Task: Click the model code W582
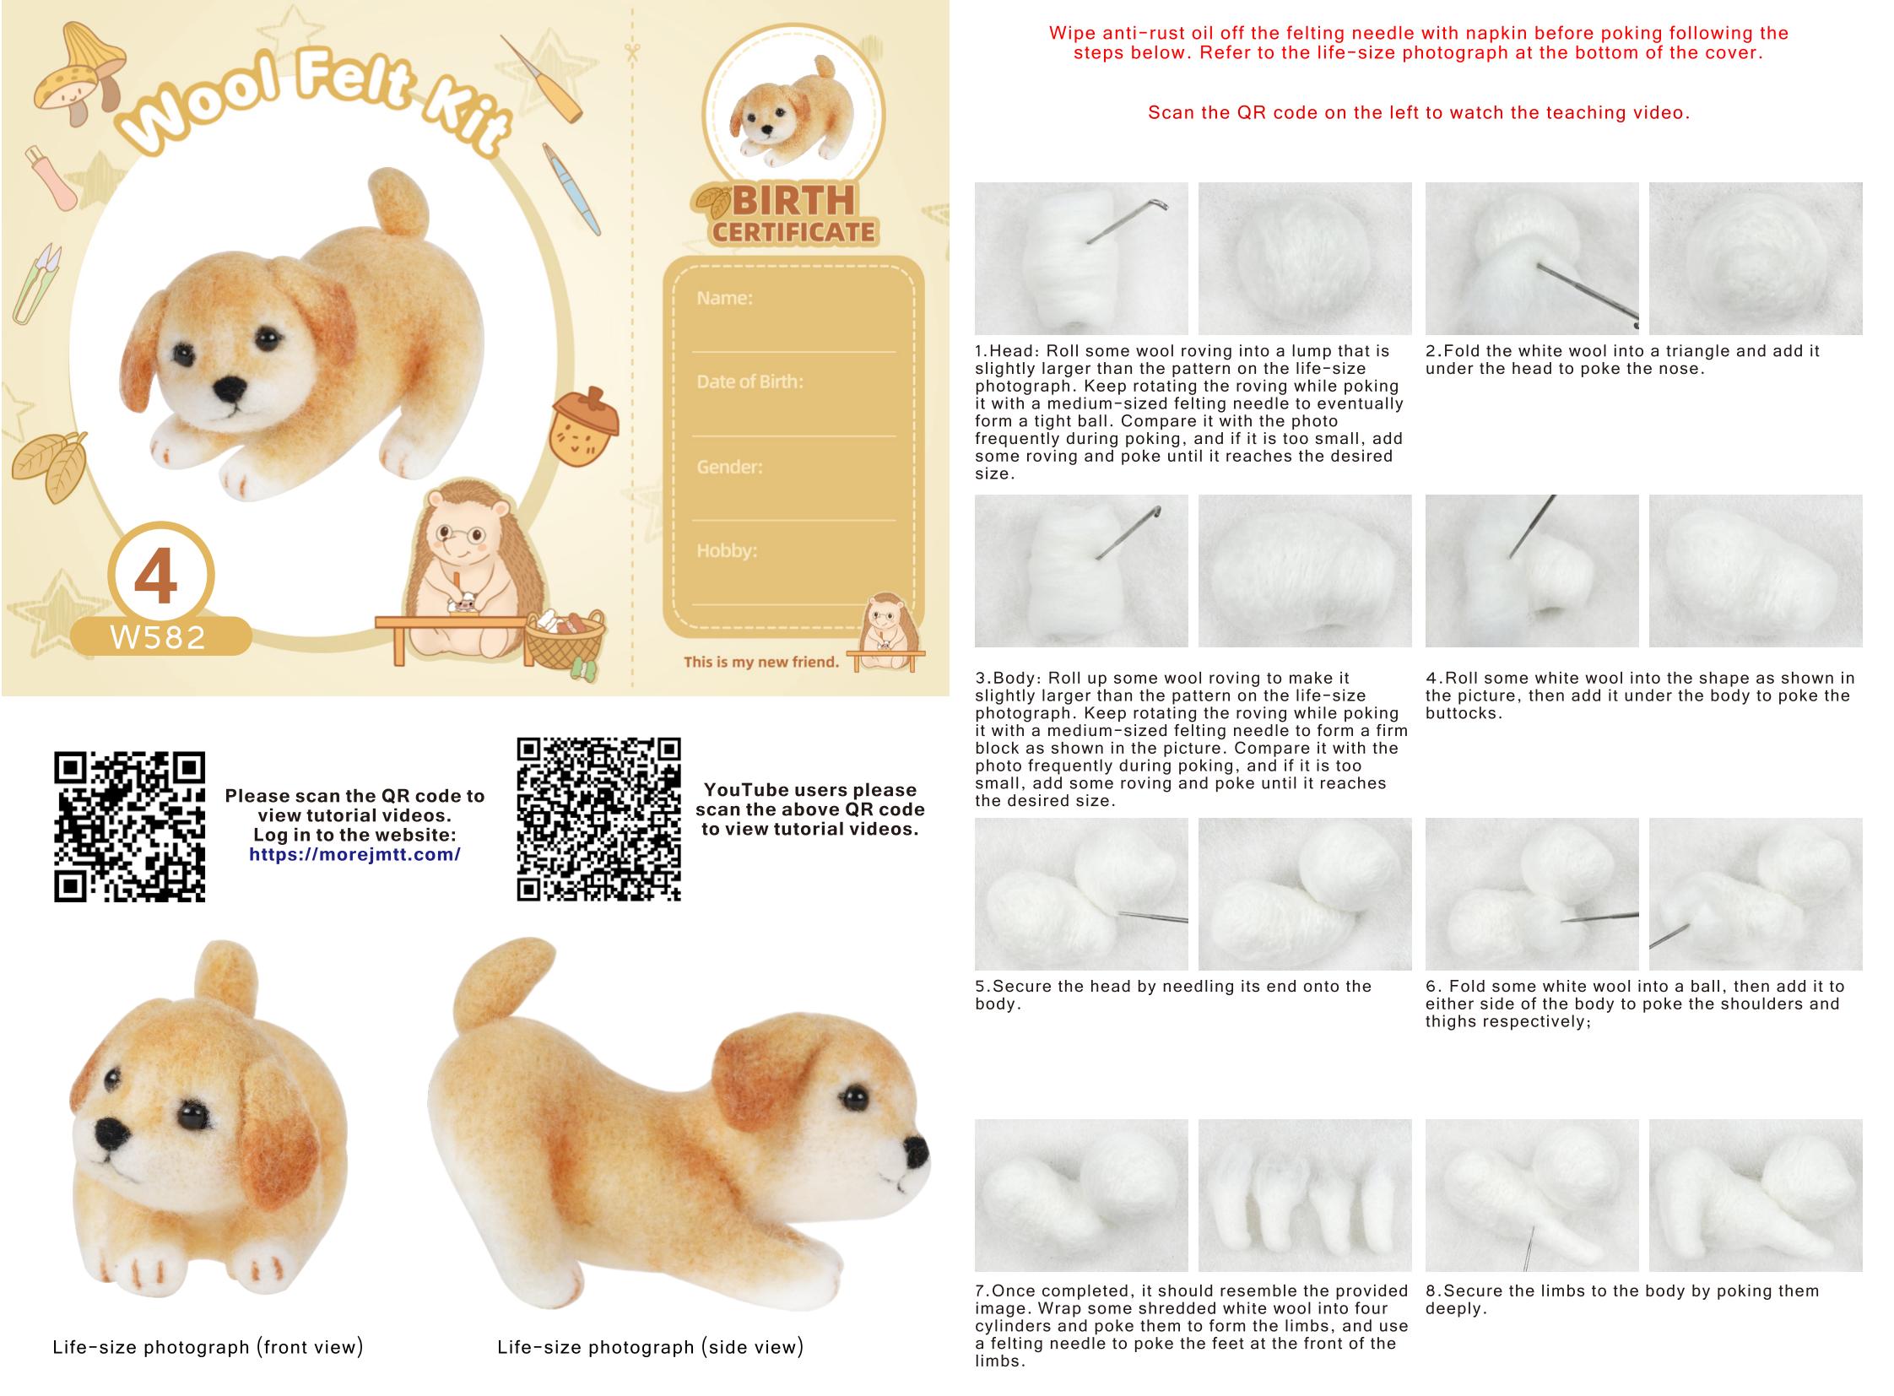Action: click(x=158, y=637)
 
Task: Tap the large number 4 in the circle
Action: click(x=156, y=576)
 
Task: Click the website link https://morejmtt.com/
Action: click(x=355, y=854)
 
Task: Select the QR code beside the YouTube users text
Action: click(x=598, y=820)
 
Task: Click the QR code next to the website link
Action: click(x=130, y=826)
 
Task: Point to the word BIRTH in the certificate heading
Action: click(x=793, y=201)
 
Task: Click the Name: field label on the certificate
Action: click(x=724, y=298)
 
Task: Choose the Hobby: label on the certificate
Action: click(x=727, y=551)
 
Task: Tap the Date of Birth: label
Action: click(x=749, y=382)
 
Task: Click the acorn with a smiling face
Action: click(x=584, y=427)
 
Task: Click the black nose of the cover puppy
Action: click(x=230, y=389)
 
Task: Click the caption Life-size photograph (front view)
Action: click(x=208, y=1347)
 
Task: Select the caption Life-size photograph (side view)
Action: click(x=650, y=1347)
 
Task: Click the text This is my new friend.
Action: click(x=761, y=662)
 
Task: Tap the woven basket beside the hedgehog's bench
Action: click(x=565, y=641)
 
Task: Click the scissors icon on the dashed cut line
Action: click(x=632, y=51)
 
